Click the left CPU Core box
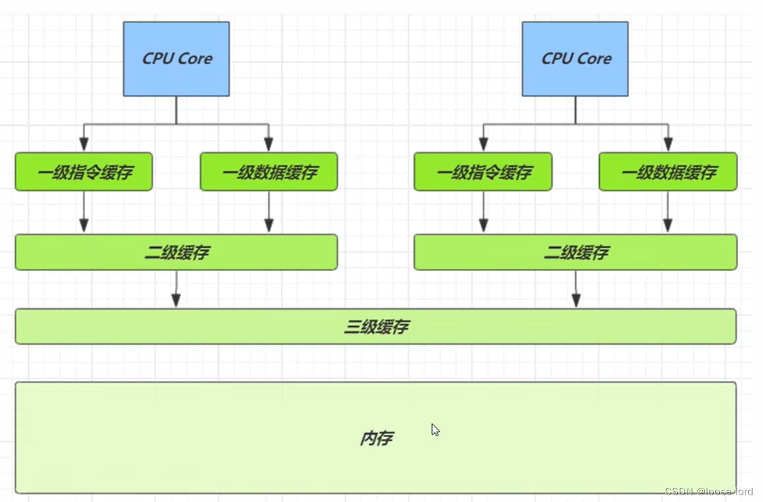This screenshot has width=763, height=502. pyautogui.click(x=176, y=59)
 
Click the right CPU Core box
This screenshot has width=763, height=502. pyautogui.click(x=575, y=59)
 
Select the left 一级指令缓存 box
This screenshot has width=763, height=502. pyautogui.click(x=84, y=172)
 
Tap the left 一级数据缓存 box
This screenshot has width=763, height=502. pyautogui.click(x=268, y=172)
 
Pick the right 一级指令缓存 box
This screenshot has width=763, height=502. pyautogui.click(x=483, y=172)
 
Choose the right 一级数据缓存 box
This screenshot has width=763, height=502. pyautogui.click(x=668, y=172)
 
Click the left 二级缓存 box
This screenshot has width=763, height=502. pyautogui.click(x=176, y=253)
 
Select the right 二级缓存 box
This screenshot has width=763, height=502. pyautogui.click(x=575, y=253)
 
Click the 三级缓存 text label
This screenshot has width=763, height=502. pyautogui.click(x=376, y=327)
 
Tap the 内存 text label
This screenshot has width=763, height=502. pyautogui.click(x=376, y=438)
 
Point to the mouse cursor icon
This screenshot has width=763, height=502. pyautogui.click(x=435, y=430)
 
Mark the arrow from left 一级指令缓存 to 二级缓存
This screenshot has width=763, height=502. pyautogui.click(x=84, y=212)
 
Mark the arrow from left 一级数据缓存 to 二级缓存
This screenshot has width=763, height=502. pyautogui.click(x=268, y=212)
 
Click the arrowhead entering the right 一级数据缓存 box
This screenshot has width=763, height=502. pyautogui.click(x=668, y=144)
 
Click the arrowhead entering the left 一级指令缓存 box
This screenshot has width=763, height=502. pyautogui.click(x=84, y=144)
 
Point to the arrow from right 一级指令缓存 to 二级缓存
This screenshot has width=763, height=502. pyautogui.click(x=483, y=212)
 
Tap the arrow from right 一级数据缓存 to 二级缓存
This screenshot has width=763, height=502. pyautogui.click(x=668, y=212)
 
